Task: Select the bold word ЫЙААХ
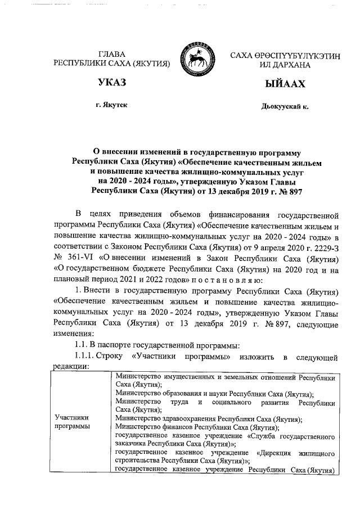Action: click(x=285, y=84)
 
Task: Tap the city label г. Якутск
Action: click(x=111, y=106)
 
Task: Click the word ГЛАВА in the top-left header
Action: click(x=111, y=55)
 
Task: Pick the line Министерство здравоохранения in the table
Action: click(x=208, y=419)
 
